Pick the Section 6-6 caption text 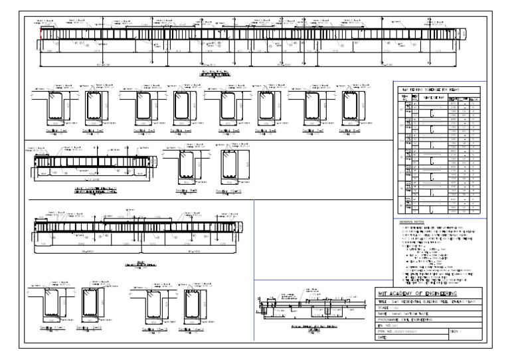(266, 132)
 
